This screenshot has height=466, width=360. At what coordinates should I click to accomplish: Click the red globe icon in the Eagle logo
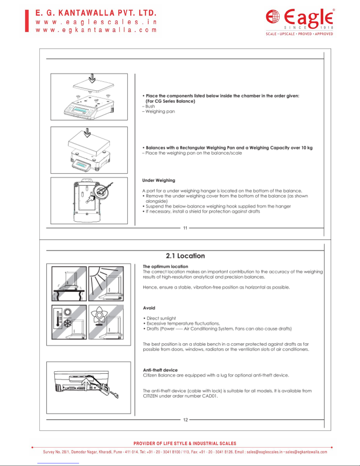tap(273, 16)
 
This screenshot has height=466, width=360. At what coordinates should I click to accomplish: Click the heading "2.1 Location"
tap(185, 256)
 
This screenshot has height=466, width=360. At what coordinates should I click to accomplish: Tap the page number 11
tap(185, 228)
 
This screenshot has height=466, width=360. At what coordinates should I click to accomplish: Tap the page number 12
tap(185, 420)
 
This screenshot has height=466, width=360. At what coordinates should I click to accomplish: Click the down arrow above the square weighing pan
tap(92, 78)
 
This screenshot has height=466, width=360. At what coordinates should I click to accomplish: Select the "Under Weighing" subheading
tap(159, 180)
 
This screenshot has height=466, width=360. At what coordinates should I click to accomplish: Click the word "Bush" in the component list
tap(150, 106)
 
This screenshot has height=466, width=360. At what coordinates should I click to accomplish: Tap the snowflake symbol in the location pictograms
tap(68, 324)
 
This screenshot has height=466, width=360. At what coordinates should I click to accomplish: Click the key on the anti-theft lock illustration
tap(114, 395)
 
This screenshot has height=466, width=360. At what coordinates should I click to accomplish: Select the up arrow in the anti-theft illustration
tap(87, 385)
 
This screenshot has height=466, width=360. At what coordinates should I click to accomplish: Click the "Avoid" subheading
tap(149, 308)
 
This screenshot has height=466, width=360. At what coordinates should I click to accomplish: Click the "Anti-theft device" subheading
tap(160, 370)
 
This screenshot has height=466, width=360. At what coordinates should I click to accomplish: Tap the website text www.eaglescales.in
tap(96, 22)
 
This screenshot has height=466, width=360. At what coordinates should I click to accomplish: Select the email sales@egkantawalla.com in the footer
tap(306, 452)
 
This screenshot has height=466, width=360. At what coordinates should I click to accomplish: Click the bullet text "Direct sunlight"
tap(161, 318)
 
